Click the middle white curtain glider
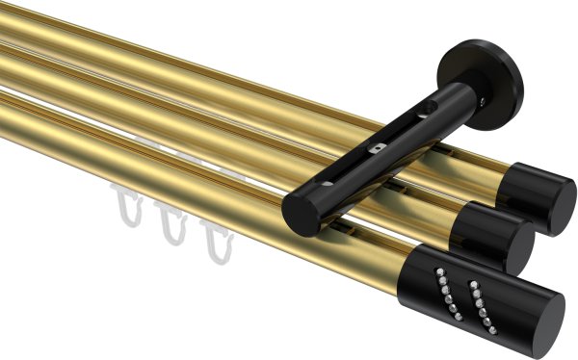(x=171, y=228)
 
